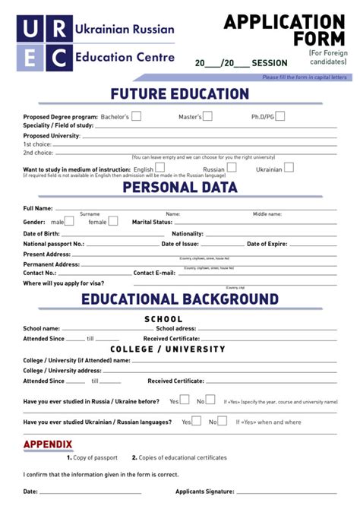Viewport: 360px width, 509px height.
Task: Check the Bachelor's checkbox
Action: (x=137, y=116)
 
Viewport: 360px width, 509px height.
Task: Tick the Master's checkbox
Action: (x=207, y=116)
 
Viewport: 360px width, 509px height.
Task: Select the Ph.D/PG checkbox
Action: (x=279, y=116)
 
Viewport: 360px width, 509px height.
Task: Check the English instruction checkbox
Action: (x=160, y=168)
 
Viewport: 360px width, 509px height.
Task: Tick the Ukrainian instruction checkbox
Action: (x=289, y=168)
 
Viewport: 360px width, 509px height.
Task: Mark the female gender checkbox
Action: (x=113, y=221)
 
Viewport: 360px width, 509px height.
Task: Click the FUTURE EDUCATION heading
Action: (x=179, y=94)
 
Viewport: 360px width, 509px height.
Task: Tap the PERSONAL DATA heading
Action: (x=179, y=187)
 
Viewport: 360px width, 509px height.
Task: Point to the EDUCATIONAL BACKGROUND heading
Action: (x=179, y=299)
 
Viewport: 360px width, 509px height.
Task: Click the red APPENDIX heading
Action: (x=48, y=444)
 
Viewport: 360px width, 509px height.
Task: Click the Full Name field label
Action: (x=38, y=207)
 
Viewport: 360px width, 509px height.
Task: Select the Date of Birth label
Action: (x=41, y=233)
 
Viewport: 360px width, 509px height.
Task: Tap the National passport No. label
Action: (x=53, y=244)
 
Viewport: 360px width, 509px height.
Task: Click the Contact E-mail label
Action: (x=154, y=272)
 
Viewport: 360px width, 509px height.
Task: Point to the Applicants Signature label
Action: (x=204, y=492)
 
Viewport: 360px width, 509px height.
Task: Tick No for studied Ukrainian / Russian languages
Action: (x=223, y=421)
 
